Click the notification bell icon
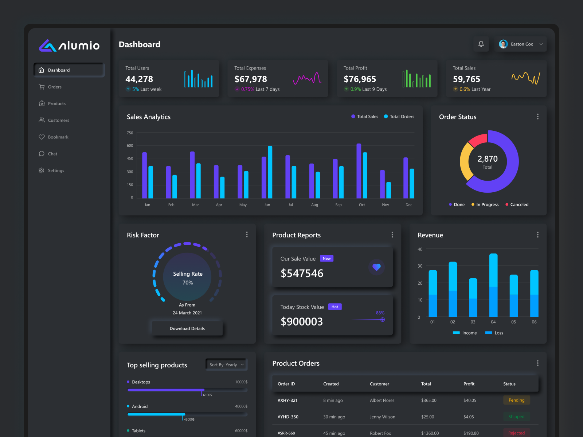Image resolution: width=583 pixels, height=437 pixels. pos(481,44)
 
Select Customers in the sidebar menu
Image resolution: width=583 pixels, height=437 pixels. pos(58,120)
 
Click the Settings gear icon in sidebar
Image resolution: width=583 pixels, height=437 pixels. pos(42,170)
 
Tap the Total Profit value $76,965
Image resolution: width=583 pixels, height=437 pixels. pos(360,79)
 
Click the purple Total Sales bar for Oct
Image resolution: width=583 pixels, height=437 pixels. pos(359,171)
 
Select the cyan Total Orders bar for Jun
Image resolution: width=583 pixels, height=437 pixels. pos(270,172)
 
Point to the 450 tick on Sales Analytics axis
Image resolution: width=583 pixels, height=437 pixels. pos(130,158)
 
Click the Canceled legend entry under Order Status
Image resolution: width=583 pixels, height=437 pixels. pos(519,205)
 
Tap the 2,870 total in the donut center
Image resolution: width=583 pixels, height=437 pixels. pos(488,159)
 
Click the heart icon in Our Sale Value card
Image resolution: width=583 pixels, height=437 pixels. pos(376,267)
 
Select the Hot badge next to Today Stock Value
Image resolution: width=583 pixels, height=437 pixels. pos(334,307)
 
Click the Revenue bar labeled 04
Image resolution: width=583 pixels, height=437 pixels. pos(493,285)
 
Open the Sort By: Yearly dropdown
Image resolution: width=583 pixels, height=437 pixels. pos(226,365)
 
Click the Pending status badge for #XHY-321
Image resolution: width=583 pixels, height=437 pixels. pos(516,400)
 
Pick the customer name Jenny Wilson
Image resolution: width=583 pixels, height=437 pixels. pos(382,417)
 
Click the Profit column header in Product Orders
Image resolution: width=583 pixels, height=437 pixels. pos(469,384)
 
